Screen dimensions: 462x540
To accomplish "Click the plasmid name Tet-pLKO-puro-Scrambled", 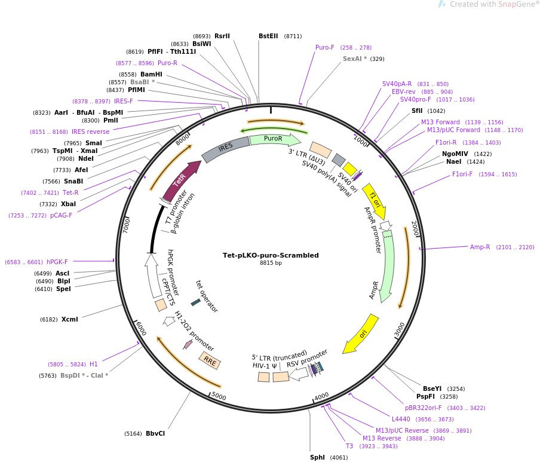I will click(271, 255).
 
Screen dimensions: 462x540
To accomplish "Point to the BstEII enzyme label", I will click(268, 36).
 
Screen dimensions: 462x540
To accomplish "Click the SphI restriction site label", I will click(317, 457).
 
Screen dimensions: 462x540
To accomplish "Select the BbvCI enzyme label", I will click(155, 433).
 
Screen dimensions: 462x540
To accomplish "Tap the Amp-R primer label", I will click(480, 247).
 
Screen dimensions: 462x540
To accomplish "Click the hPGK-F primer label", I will click(57, 261).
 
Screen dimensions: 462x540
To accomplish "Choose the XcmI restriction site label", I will click(69, 319).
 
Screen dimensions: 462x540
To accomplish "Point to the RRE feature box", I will click(210, 360).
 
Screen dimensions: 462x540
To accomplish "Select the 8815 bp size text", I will click(271, 263).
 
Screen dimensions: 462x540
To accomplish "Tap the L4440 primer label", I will click(401, 419).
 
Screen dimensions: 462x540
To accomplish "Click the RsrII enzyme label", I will click(222, 36).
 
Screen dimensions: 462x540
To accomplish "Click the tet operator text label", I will click(207, 296).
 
